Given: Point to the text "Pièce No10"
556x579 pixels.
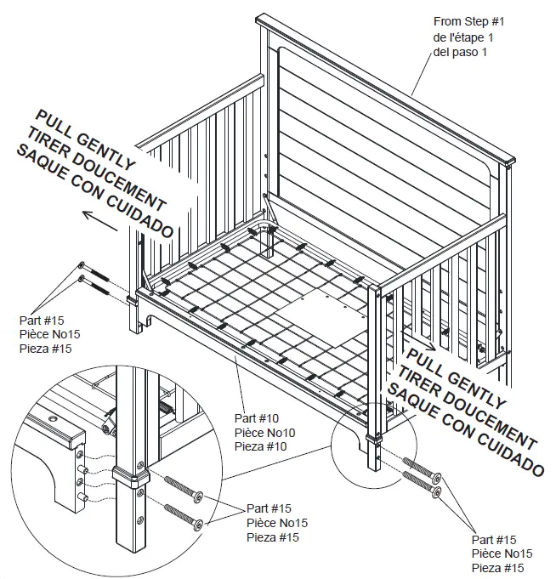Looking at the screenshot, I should pos(268,434).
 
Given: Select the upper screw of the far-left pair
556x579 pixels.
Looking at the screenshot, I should pos(97,271).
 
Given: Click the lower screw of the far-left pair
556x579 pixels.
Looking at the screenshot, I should pos(97,284).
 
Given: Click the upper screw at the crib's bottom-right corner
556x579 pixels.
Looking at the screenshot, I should pos(422,469).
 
